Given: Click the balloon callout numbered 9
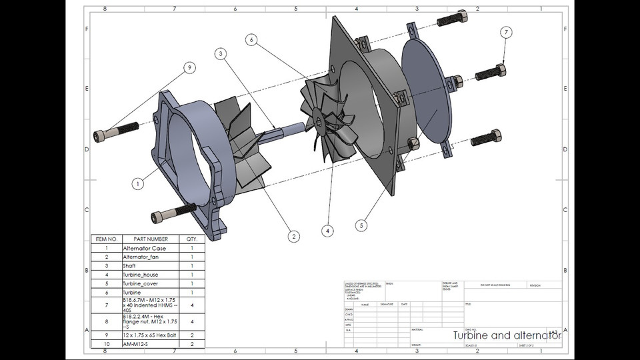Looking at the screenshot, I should [189, 67].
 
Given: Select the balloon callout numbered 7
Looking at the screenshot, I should [507, 32].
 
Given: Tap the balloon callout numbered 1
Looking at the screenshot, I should [137, 183].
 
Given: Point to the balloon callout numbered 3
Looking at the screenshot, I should [221, 53].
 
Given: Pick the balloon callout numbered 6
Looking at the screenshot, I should [251, 40].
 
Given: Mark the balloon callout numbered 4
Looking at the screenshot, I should [327, 231].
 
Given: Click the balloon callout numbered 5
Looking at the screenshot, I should [361, 225].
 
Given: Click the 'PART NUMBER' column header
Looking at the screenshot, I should [151, 239].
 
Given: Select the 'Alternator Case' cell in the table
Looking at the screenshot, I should [145, 248].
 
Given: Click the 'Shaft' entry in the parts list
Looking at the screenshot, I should [130, 265].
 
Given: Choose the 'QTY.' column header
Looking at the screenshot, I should [192, 239].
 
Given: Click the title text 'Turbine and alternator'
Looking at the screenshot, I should [507, 336].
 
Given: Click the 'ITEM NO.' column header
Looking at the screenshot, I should [106, 239].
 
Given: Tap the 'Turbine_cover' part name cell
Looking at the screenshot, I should [141, 283].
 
